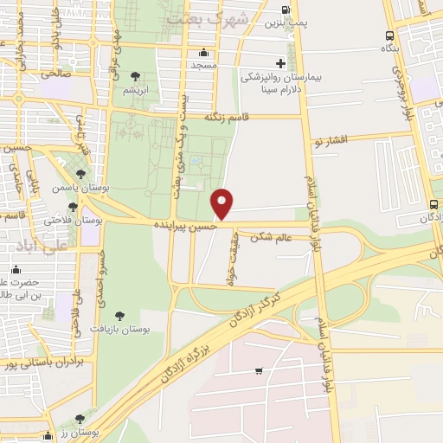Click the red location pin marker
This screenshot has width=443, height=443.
tap(223, 202)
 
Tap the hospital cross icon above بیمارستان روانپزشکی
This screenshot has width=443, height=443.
tap(280, 63)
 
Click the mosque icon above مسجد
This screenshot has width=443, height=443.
tap(203, 52)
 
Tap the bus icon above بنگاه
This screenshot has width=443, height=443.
tap(389, 36)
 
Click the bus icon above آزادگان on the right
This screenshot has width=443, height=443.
tap(433, 204)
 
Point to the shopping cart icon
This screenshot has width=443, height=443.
tap(259, 371)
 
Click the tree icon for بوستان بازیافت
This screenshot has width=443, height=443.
tap(119, 316)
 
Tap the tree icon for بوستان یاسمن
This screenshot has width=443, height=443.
tap(80, 174)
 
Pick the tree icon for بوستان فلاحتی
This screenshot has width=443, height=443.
tap(73, 207)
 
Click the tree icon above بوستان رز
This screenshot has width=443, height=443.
tap(80, 418)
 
